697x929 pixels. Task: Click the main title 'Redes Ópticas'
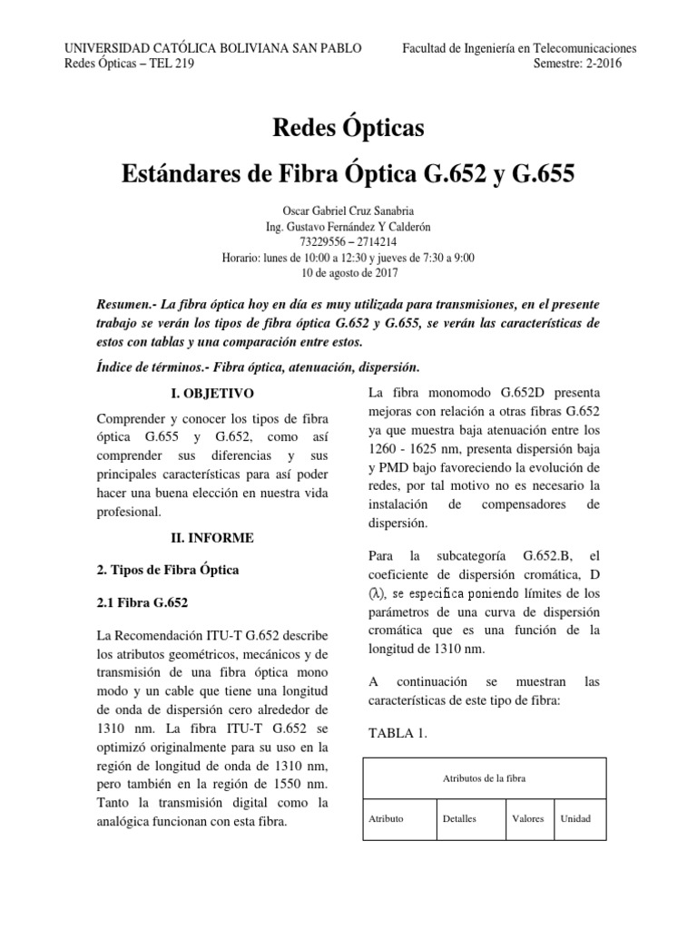pyautogui.click(x=348, y=128)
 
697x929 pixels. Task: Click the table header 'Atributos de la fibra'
pyautogui.click(x=485, y=778)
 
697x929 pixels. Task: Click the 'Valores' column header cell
pyautogui.click(x=527, y=818)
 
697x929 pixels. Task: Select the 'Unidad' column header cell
pyautogui.click(x=575, y=818)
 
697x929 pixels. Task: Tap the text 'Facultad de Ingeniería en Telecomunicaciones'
pyautogui.click(x=519, y=48)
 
